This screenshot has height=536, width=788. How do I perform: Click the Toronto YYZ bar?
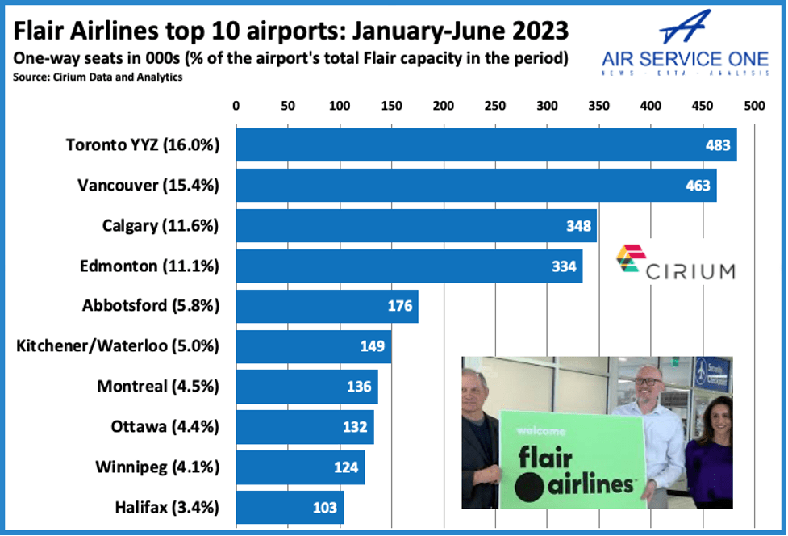point(484,145)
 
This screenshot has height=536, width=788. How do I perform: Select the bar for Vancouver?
point(476,186)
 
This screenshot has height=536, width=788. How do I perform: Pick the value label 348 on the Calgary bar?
point(578,226)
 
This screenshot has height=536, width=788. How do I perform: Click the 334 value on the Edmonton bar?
point(565,266)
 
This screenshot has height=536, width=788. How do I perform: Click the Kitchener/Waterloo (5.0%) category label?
point(118,346)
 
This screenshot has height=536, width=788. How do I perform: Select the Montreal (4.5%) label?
point(158,386)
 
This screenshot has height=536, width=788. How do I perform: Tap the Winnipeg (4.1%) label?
point(157,467)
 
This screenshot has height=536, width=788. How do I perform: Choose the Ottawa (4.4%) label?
point(165,426)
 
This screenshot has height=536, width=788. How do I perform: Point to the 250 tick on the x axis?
point(495,106)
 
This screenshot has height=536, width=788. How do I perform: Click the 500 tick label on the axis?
point(754,106)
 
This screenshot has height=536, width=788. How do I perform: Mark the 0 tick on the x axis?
point(236,106)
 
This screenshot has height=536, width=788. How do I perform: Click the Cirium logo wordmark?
point(691,270)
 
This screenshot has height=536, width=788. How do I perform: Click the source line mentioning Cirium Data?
point(98,77)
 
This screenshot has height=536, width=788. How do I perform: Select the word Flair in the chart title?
point(40,32)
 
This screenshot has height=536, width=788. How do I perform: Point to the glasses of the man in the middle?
point(649,379)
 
